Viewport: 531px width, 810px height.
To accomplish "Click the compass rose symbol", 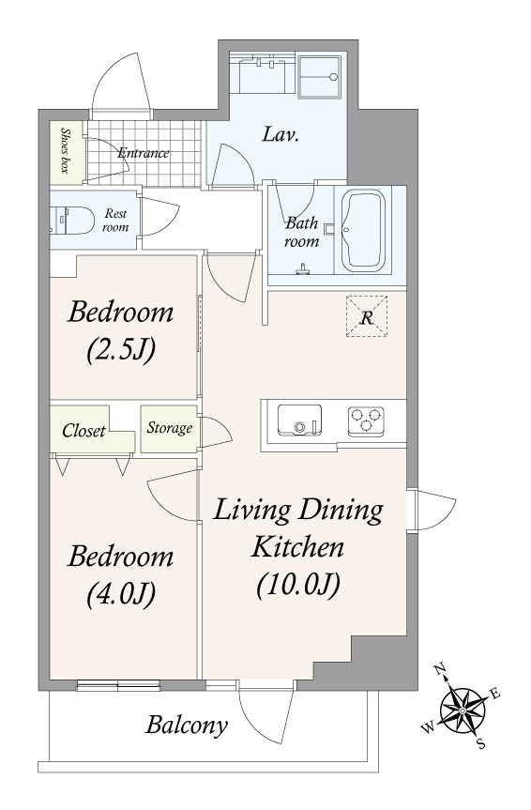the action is (463, 711).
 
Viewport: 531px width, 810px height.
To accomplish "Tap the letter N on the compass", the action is (440, 670).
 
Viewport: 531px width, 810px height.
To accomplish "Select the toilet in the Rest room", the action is (72, 221).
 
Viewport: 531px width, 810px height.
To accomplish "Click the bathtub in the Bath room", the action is (363, 230).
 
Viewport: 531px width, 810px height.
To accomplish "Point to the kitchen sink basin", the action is (299, 420).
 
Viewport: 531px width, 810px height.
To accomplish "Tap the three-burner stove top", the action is (366, 419).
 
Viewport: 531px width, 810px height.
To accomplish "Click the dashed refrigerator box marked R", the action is (367, 316).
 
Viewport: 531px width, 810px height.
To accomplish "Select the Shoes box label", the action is (66, 150).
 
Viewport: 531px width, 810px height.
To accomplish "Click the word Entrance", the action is (144, 153).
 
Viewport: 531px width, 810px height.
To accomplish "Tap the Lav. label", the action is (281, 135).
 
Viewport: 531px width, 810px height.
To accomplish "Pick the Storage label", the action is (170, 428).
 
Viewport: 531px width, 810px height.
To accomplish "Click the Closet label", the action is (83, 430).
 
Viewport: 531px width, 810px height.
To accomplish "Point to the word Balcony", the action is (187, 726).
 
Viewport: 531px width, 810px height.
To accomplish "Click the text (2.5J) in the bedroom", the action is (121, 351).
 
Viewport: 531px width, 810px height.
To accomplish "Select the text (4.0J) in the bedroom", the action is (121, 594).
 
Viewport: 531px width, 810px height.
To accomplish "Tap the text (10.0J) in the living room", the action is (298, 585).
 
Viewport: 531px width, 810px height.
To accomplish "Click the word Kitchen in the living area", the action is (297, 546).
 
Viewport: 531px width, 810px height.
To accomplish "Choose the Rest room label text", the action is (115, 220).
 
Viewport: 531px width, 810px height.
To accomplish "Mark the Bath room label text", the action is (302, 233).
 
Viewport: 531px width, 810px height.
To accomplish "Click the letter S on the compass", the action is (481, 744).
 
